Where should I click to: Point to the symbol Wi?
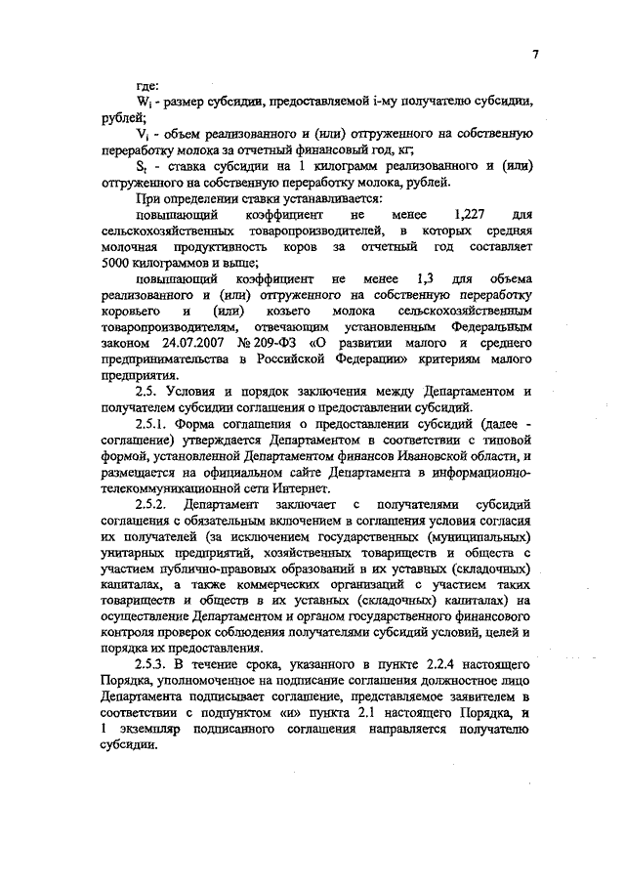(143, 102)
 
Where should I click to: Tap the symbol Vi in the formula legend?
(143, 134)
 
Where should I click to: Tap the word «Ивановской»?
(453, 455)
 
